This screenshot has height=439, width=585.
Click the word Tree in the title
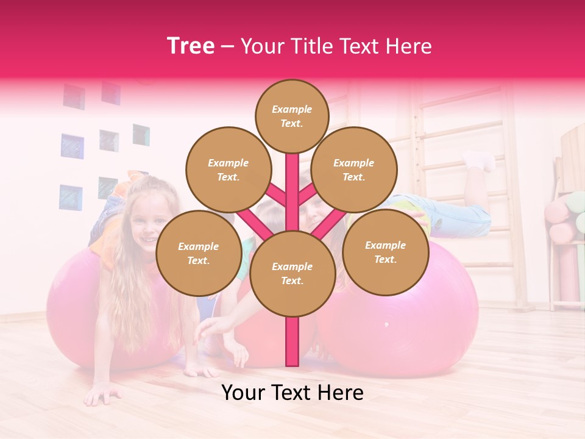click(191, 46)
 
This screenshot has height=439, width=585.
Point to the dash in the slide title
click(227, 47)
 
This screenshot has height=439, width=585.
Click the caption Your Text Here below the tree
click(292, 393)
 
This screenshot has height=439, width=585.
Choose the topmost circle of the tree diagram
click(292, 116)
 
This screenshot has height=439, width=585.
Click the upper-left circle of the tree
click(228, 170)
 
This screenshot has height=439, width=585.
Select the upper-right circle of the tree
click(354, 170)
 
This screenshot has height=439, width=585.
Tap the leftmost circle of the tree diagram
click(199, 253)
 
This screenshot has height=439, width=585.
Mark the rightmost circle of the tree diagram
click(385, 252)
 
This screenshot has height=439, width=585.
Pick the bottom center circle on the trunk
click(292, 273)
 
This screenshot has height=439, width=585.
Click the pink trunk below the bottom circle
click(292, 341)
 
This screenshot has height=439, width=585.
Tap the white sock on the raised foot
click(481, 160)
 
